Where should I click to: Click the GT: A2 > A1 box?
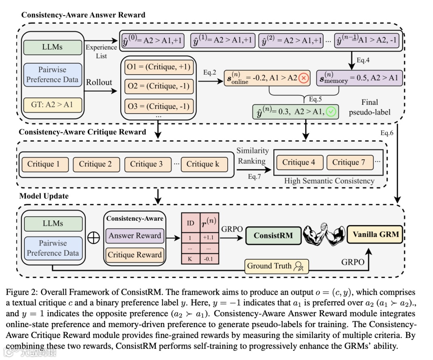[53, 105]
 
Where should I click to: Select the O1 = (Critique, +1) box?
[159, 67]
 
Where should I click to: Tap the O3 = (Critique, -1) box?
[159, 106]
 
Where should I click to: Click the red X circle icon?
[304, 78]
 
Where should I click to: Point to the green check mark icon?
[331, 112]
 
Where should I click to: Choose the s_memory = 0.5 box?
[359, 78]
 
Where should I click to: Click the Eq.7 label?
[254, 177]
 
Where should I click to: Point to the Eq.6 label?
[387, 133]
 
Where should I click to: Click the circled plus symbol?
[93, 238]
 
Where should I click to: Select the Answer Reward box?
[135, 236]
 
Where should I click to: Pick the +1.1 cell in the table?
[208, 238]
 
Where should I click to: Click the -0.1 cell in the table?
[208, 259]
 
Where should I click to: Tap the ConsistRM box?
[273, 236]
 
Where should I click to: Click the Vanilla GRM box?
[375, 234]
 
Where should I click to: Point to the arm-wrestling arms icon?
[324, 234]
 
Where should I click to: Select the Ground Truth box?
[276, 266]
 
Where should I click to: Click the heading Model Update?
[44, 196]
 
